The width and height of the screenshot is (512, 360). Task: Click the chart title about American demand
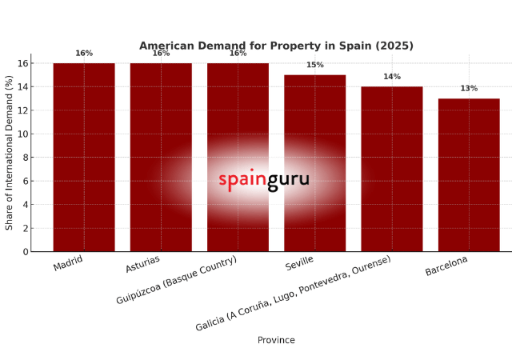tap(276, 46)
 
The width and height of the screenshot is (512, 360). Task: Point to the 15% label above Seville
tap(314, 65)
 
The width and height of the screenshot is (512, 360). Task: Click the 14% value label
tap(391, 77)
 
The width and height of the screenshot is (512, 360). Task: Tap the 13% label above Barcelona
tap(469, 89)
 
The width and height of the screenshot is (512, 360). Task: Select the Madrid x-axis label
tap(68, 264)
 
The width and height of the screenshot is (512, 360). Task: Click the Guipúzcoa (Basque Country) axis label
tap(177, 280)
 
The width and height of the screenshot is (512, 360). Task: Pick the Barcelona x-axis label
tap(446, 266)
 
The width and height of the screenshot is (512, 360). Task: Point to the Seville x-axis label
tap(299, 264)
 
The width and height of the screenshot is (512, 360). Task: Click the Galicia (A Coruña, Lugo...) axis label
tap(294, 293)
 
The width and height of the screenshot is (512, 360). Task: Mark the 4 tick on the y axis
tap(25, 205)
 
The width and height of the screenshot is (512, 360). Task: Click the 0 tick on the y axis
tap(25, 252)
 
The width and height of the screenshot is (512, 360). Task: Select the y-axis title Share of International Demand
tap(10, 153)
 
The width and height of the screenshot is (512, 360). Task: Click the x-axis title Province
tap(276, 340)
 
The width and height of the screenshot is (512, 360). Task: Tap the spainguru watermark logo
tap(264, 182)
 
